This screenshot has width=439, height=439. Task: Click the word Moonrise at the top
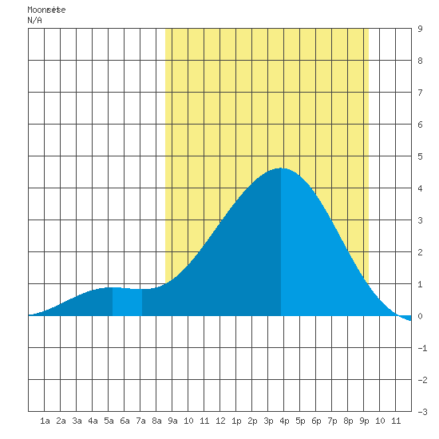[x=46, y=10]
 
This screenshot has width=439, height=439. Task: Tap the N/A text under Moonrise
[x=34, y=20]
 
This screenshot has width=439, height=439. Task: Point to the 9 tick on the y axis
[x=420, y=29]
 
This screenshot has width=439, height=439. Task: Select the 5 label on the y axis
[x=420, y=156]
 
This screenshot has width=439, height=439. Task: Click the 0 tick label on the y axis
[x=420, y=316]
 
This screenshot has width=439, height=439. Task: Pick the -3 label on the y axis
[x=422, y=412]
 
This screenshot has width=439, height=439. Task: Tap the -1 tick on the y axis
[x=422, y=348]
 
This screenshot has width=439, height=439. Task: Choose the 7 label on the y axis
[x=420, y=93]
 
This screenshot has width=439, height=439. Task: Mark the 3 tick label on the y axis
[x=420, y=220]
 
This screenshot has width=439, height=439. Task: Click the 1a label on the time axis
[x=45, y=421]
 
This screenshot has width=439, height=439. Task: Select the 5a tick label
[x=109, y=421]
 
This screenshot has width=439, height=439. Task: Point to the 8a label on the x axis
[x=156, y=421]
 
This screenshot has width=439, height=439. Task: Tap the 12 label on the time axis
[x=220, y=421]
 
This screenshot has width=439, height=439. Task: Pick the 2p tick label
[x=252, y=421]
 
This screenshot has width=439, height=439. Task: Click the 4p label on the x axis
[x=284, y=421]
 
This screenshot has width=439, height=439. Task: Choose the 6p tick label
[x=316, y=421]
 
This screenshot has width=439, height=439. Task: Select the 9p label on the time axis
[x=364, y=421]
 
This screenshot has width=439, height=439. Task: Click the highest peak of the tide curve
[x=281, y=168]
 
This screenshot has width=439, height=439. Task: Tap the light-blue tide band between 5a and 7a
[x=127, y=302]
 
